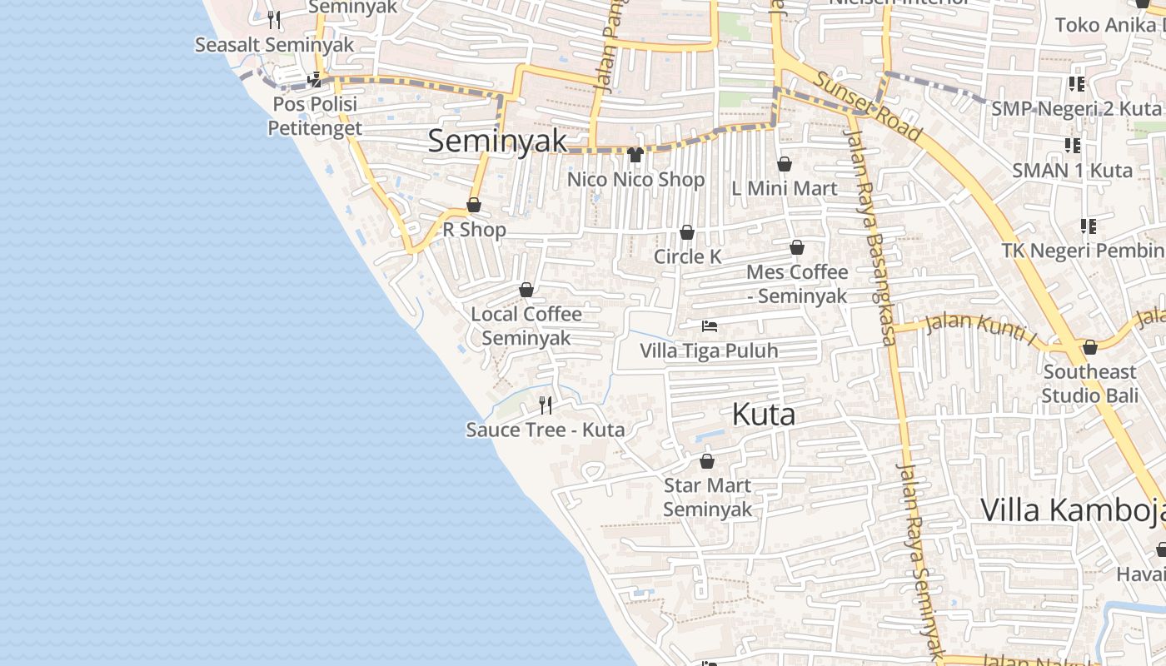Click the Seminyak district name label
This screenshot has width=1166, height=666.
coord(497,142)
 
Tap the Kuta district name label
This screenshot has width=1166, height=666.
coord(763,415)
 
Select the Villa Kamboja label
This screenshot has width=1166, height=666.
coord(1073,509)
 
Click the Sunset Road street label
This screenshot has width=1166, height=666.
coord(869,106)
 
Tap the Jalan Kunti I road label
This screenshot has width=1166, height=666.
coord(981,330)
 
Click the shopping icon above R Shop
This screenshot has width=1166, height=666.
coord(474,205)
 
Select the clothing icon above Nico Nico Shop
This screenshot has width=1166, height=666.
coord(635,154)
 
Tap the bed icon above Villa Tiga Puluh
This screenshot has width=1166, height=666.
coord(709,326)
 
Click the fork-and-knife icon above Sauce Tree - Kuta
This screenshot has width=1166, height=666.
coord(546,405)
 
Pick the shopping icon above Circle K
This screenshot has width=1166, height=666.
coord(687,232)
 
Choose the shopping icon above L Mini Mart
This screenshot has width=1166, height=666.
coord(784,164)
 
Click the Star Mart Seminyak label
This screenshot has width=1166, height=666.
coord(707,497)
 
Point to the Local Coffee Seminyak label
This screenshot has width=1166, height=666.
coord(526,326)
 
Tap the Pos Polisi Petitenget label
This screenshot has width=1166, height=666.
coord(315,116)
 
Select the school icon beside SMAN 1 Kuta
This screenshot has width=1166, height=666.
coord(1072,146)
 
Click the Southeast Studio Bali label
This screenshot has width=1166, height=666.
coord(1089,383)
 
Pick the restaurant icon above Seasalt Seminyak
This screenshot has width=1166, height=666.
coord(274,19)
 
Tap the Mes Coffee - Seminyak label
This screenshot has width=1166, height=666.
coord(797,283)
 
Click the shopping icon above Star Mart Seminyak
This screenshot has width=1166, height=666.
coord(707,461)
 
